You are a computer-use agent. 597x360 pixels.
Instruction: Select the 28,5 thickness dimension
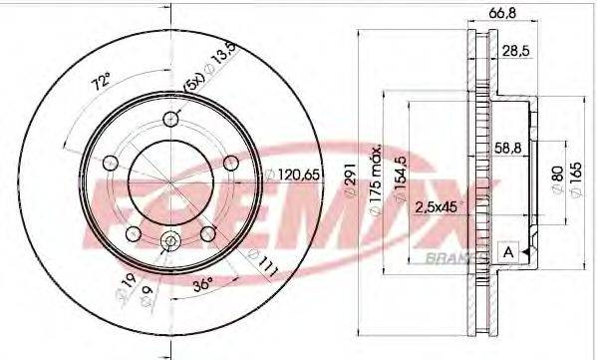point(515,50)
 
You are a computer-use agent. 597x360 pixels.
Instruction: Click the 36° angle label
point(201,283)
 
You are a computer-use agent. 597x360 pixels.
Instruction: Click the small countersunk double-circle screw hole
point(169,240)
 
